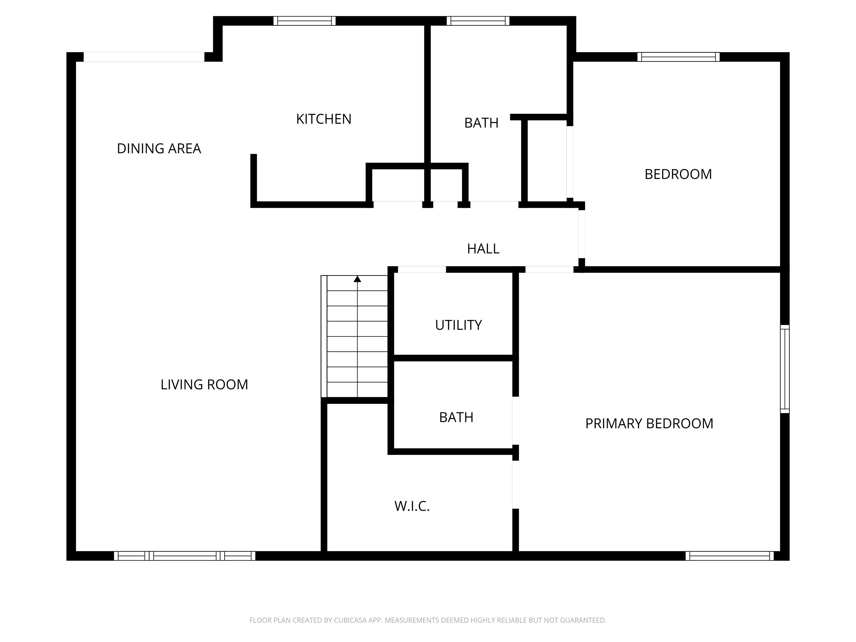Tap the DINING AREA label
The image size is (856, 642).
(159, 149)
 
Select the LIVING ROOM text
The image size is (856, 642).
(204, 385)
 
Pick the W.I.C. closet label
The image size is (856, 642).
(412, 506)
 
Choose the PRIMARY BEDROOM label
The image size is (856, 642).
(649, 424)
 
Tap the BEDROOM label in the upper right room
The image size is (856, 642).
(678, 174)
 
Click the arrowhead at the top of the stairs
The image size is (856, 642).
(357, 279)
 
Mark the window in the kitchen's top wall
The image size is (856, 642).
(305, 21)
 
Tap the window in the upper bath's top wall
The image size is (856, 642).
(478, 21)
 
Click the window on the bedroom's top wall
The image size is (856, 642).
(679, 57)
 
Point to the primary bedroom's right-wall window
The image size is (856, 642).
(784, 369)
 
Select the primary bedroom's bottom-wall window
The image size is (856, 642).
(729, 556)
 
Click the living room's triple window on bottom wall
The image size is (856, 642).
(184, 556)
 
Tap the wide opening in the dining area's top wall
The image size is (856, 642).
(144, 57)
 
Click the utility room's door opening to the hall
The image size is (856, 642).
(422, 270)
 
